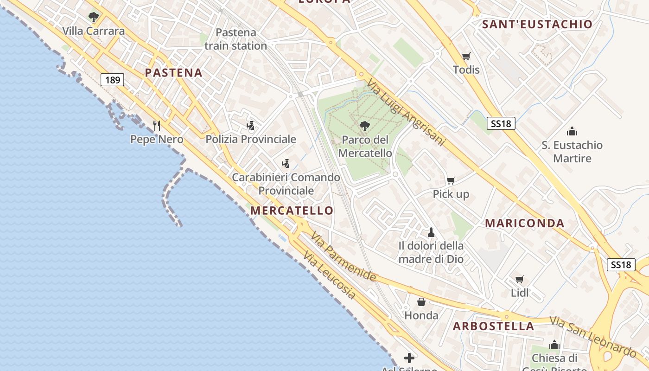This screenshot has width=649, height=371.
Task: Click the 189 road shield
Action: coord(112,80)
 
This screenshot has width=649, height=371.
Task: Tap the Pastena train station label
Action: coord(235,39)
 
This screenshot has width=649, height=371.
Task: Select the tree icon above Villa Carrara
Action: coord(94,18)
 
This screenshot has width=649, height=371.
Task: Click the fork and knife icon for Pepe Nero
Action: coord(157,125)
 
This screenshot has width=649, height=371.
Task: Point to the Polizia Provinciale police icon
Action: coord(251,125)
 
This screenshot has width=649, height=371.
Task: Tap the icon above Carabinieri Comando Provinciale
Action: coord(286,163)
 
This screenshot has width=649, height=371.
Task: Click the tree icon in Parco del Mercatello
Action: coord(365,125)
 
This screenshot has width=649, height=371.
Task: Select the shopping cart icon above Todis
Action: coord(466,56)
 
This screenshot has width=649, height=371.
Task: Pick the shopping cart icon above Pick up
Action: coord(451,180)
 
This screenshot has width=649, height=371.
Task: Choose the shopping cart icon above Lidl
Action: coord(520,279)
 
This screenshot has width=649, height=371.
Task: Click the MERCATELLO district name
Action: coord(292,211)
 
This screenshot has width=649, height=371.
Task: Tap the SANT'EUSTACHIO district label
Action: coord(537,25)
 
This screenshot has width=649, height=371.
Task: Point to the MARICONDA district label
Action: coord(525,223)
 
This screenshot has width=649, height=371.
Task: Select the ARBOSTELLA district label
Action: coord(493,326)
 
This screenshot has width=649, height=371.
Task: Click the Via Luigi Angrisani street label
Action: coord(406,113)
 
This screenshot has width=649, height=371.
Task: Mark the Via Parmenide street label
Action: coord(344,256)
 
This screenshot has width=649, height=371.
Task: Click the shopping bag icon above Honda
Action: coord(421,302)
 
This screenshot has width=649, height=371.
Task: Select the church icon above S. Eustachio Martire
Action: coord(572,131)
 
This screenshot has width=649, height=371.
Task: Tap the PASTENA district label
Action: coord(174,73)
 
